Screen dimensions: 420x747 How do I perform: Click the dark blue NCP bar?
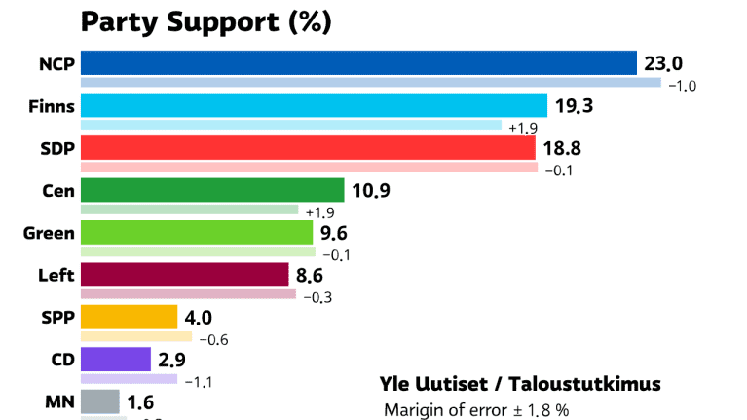tap(357, 63)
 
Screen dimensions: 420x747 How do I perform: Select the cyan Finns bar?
tap(314, 105)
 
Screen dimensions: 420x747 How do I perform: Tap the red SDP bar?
tap(308, 148)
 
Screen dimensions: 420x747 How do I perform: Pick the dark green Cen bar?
tap(212, 190)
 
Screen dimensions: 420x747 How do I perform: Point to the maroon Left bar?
tap(184, 275)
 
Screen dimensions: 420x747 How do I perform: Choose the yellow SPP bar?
tap(129, 318)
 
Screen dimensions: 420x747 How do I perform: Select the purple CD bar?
tap(115, 360)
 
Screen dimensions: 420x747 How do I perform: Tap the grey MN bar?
tap(99, 401)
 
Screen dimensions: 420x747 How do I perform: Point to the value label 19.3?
tap(574, 105)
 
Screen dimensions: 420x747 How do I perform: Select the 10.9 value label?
tap(371, 191)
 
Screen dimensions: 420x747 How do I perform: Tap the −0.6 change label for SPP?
tap(214, 340)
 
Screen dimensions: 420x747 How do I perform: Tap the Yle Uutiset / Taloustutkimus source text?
tap(519, 383)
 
